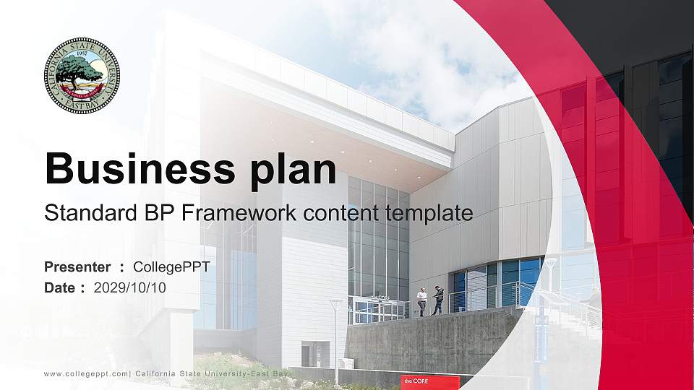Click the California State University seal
[82, 76]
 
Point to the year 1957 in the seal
[82, 53]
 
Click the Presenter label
[77, 267]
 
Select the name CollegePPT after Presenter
[171, 267]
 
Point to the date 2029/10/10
[129, 287]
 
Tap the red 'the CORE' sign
[429, 381]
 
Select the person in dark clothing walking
[438, 300]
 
